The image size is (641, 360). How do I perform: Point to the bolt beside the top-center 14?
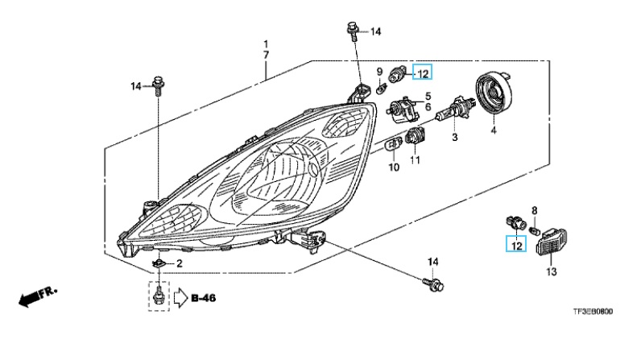(x=353, y=32)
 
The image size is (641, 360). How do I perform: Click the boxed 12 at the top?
(x=423, y=73)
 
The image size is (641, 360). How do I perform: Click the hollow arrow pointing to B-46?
(x=179, y=299)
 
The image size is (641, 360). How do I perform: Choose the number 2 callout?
(x=179, y=263)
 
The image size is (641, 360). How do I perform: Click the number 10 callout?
(x=394, y=168)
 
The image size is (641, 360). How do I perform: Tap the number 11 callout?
(x=415, y=161)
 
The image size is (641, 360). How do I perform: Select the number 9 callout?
(x=379, y=72)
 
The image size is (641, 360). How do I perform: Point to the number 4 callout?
(x=493, y=131)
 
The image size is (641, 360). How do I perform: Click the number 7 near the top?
(x=266, y=54)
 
